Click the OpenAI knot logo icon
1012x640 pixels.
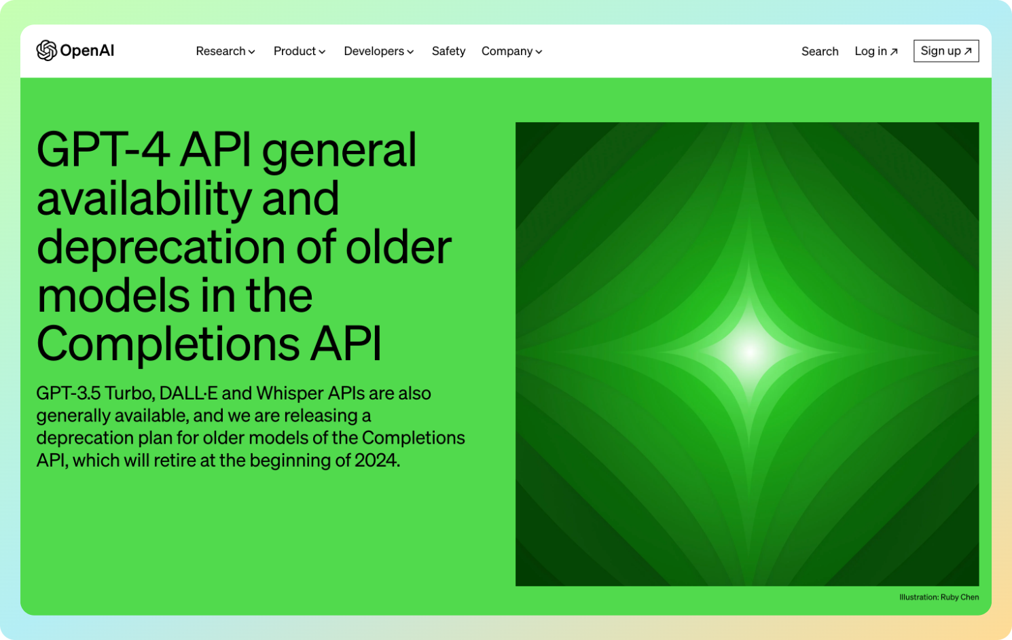tap(47, 50)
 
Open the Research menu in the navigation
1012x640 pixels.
tap(225, 51)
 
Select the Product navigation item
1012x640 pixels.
tap(300, 51)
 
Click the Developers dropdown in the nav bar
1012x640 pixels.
tap(378, 51)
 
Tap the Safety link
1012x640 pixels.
tap(448, 51)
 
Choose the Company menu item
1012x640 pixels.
tap(511, 51)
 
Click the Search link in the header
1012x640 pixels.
tap(820, 51)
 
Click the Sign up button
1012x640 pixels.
tap(946, 51)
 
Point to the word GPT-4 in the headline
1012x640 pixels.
tap(103, 150)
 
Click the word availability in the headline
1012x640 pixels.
tap(144, 199)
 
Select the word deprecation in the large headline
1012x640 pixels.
tap(161, 249)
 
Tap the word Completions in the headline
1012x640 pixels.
tap(168, 344)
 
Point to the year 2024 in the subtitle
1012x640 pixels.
tap(376, 461)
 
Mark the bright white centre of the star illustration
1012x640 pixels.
tap(750, 352)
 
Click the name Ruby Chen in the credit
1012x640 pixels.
tap(960, 597)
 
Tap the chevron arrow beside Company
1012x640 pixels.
tap(539, 52)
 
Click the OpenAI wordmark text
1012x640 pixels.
tap(87, 51)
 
